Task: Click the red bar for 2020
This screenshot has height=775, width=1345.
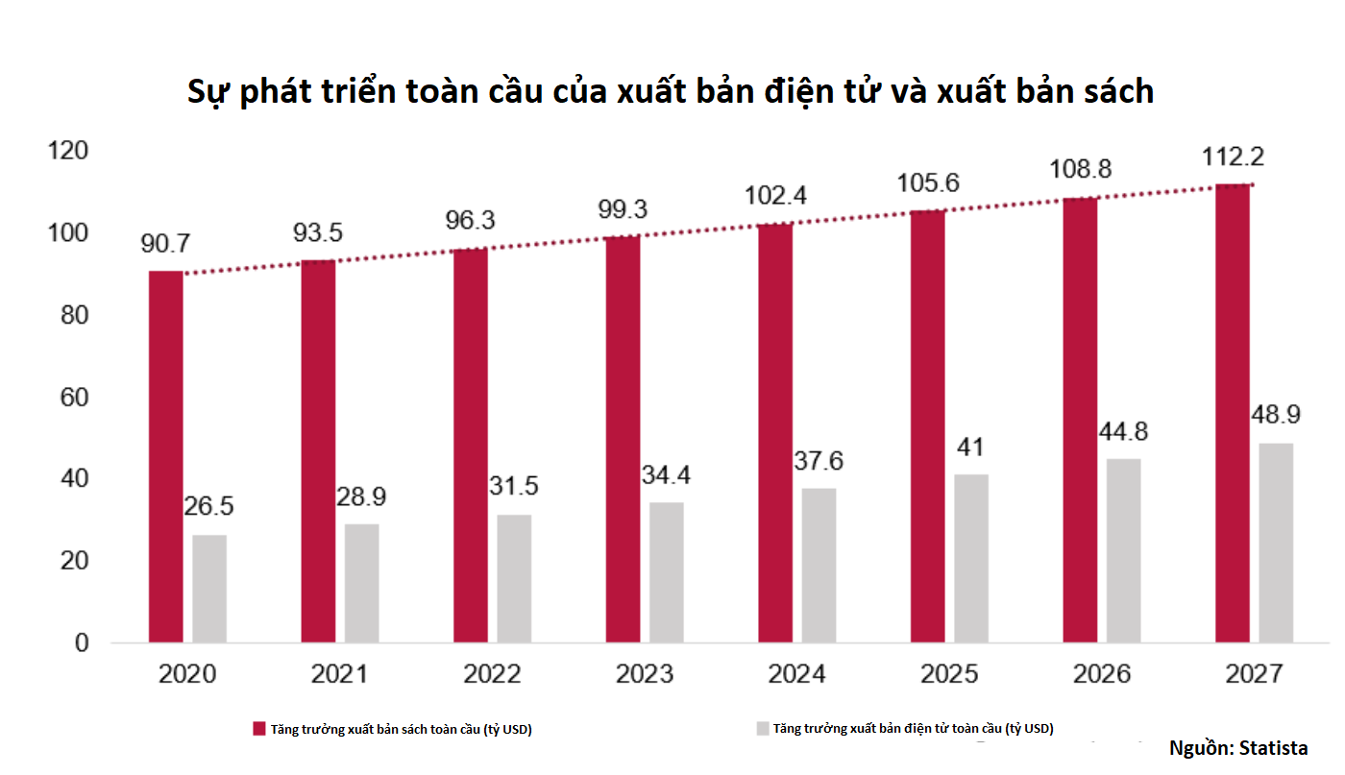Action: click(165, 456)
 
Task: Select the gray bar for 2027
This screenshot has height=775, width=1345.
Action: click(1276, 543)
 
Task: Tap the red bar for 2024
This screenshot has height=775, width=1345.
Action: click(775, 433)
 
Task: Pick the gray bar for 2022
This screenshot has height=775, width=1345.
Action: click(514, 578)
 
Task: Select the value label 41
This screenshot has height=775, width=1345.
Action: click(970, 448)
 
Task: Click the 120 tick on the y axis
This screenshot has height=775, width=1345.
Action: click(68, 152)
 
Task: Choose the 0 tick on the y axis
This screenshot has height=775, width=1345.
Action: click(82, 642)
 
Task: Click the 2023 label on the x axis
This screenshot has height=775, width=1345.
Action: click(644, 674)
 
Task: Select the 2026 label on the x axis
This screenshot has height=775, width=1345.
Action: click(1101, 674)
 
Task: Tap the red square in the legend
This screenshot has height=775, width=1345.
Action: click(259, 729)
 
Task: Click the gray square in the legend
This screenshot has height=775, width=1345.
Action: click(763, 729)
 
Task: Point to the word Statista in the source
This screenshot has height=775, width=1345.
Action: click(1274, 748)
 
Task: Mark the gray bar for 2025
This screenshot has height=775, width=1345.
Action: click(971, 558)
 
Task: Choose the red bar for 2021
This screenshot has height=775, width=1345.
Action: click(318, 451)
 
